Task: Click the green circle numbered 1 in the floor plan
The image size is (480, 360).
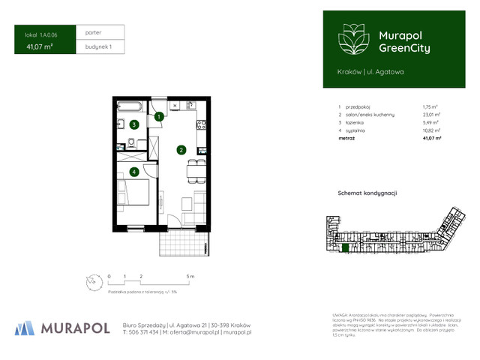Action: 159,116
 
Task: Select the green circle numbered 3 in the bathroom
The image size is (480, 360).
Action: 133,124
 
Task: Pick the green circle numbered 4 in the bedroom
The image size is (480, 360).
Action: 133,172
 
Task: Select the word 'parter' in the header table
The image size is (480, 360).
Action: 94,33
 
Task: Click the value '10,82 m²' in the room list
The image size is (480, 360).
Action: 431,130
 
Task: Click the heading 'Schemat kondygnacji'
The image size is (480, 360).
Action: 367,193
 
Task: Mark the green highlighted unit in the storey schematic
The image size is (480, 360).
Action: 346,247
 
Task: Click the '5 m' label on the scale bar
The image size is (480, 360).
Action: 190,277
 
